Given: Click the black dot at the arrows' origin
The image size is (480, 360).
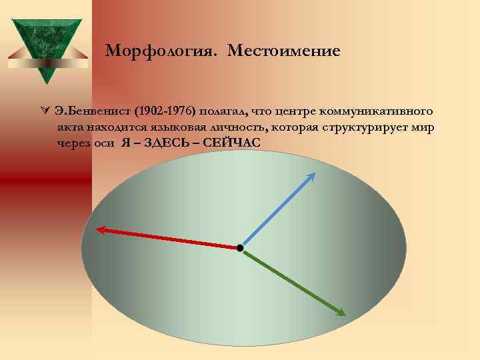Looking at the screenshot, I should point(240,248).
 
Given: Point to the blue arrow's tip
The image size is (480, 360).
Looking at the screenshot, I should point(313,174).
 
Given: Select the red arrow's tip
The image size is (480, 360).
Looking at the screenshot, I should point(99,230).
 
